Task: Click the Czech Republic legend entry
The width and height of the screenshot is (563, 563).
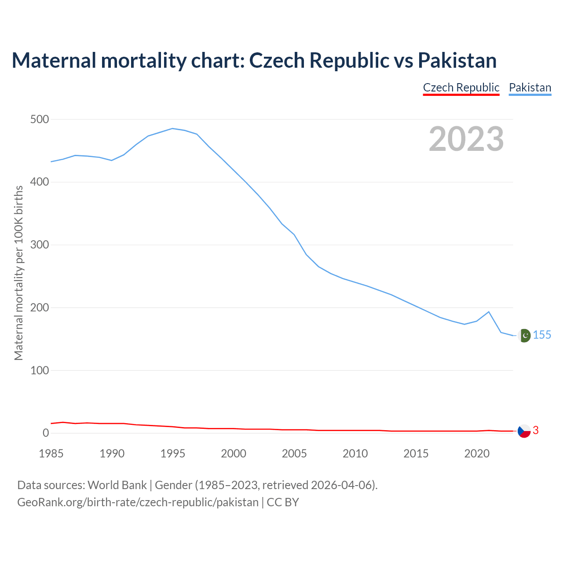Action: [461, 88]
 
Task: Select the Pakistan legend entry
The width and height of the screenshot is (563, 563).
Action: [530, 88]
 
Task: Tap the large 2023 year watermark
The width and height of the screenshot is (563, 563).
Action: [466, 139]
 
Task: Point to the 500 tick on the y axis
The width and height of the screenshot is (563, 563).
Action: [40, 119]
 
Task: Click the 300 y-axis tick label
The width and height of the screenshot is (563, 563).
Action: [40, 245]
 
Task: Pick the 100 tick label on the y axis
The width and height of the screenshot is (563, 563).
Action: [40, 370]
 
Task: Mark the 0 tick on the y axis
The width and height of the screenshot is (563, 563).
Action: [46, 433]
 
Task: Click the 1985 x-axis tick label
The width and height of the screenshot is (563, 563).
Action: [51, 453]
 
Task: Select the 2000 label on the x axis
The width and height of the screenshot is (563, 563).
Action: [234, 453]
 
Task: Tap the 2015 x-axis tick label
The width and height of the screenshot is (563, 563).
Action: [416, 453]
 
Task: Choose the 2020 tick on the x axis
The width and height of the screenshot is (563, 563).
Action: [477, 453]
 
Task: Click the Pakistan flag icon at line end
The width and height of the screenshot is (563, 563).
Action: [524, 336]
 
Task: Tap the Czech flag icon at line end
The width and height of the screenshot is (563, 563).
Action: [524, 431]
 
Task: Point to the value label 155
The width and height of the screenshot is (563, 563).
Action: [542, 335]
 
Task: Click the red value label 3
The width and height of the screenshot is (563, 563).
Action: [536, 431]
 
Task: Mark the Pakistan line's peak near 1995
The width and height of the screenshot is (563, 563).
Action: [172, 128]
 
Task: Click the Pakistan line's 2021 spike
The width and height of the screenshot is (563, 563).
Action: [489, 312]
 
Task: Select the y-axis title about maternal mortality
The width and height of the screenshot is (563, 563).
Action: [18, 273]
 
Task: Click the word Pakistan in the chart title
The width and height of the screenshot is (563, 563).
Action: [457, 60]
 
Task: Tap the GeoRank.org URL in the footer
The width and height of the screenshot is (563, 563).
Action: [138, 502]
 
